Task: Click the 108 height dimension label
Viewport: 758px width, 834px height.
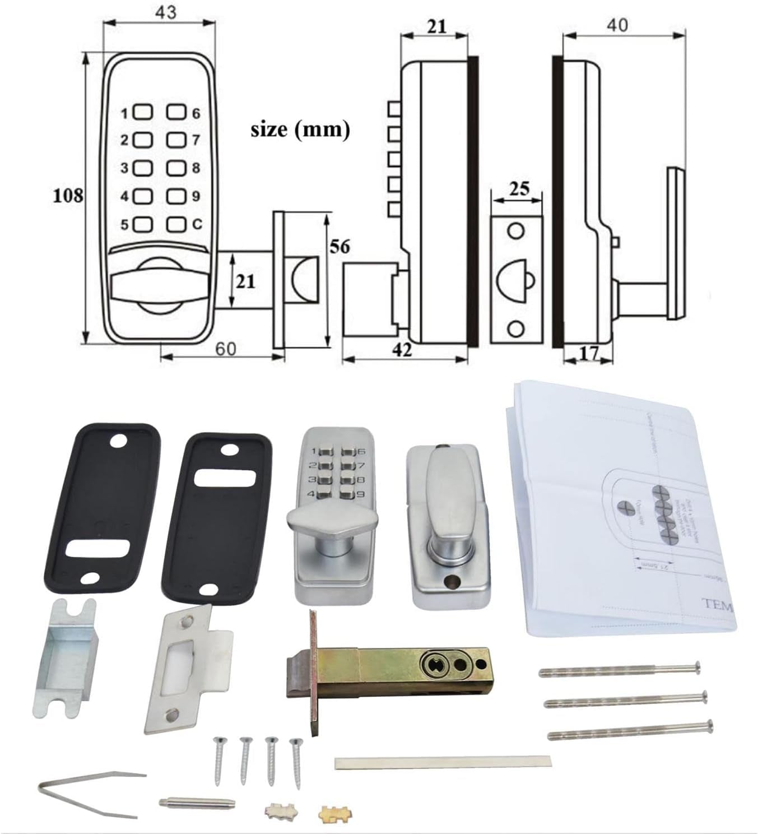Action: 68,196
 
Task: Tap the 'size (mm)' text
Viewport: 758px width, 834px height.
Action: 300,129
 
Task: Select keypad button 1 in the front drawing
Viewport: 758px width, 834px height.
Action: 144,113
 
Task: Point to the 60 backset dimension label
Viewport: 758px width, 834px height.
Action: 225,349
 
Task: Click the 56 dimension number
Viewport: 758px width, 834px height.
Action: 340,247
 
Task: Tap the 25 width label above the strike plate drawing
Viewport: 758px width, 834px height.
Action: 519,188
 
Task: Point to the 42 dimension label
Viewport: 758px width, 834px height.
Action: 403,350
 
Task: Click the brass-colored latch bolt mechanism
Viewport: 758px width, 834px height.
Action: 392,671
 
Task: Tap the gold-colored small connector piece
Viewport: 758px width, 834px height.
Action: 331,812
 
